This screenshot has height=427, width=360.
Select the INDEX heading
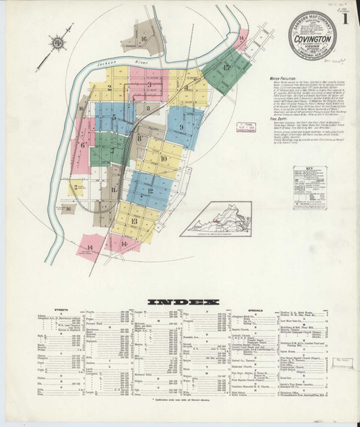[179, 300]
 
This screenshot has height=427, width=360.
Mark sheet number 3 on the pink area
[148, 85]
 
